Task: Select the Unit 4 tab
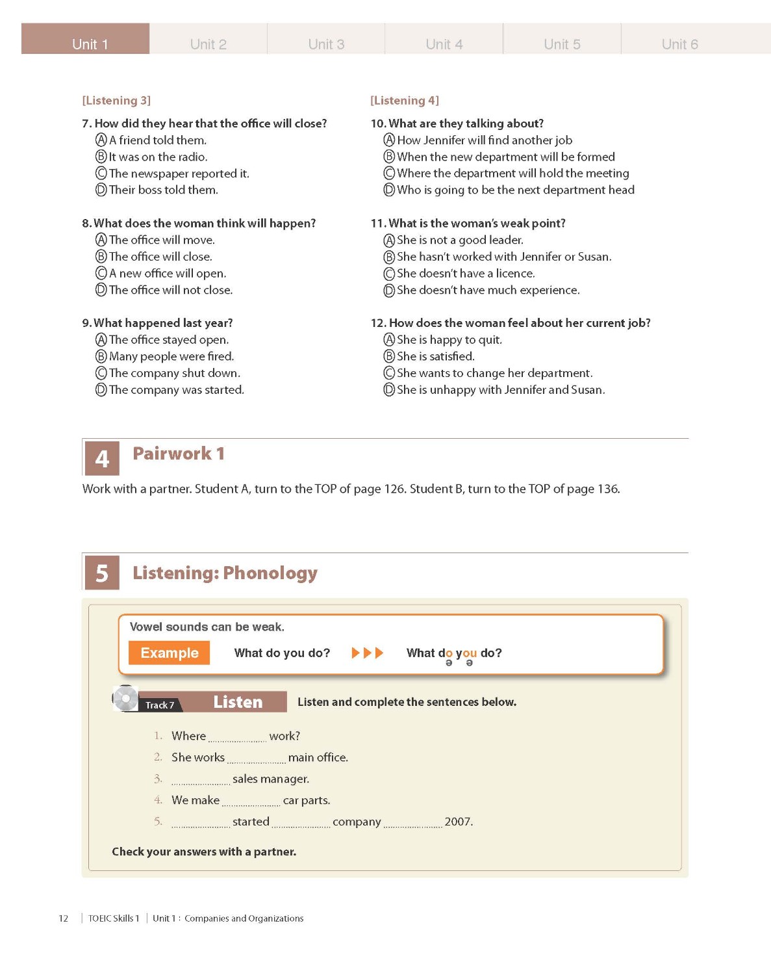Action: pyautogui.click(x=444, y=43)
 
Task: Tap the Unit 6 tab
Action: pyautogui.click(x=679, y=43)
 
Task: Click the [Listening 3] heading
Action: pyautogui.click(x=116, y=101)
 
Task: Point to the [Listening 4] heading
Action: pyautogui.click(x=405, y=101)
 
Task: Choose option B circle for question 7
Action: pyautogui.click(x=101, y=157)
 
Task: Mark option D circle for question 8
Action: pyautogui.click(x=101, y=290)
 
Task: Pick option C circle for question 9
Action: pyautogui.click(x=101, y=373)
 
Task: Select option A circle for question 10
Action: pyautogui.click(x=389, y=140)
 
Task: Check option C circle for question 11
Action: pyautogui.click(x=389, y=274)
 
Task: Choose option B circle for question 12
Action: pyautogui.click(x=389, y=356)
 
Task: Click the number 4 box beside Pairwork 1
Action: pyautogui.click(x=102, y=458)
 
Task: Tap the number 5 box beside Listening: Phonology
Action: pyautogui.click(x=102, y=573)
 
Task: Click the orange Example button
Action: pyautogui.click(x=169, y=653)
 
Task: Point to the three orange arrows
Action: pyautogui.click(x=367, y=653)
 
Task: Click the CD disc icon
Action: pyautogui.click(x=125, y=699)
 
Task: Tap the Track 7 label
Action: pyautogui.click(x=160, y=705)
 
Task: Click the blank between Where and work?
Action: pyautogui.click(x=237, y=737)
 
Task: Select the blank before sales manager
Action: pyautogui.click(x=201, y=780)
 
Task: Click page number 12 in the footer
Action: pyautogui.click(x=64, y=918)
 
